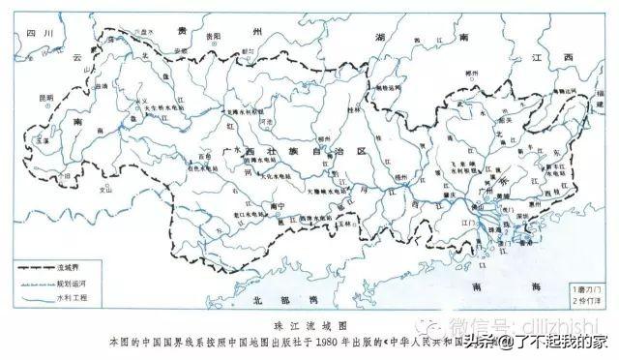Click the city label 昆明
[x=45, y=98]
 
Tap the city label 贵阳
[x=215, y=36]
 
